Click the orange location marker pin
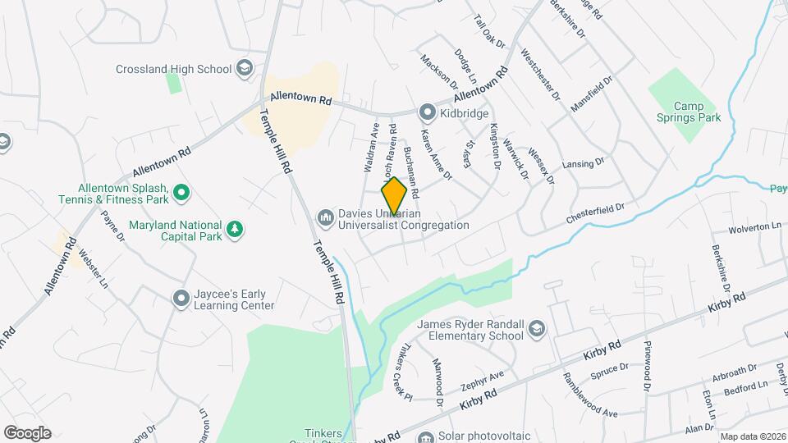coord(394,196)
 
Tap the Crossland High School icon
coord(244,69)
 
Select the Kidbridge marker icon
coord(427,112)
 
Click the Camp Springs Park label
coord(697,112)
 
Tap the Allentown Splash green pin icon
coord(181,194)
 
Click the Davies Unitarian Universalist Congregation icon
coord(325,217)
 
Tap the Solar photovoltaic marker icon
coord(424,436)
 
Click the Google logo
coord(27,433)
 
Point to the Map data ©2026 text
coord(752,436)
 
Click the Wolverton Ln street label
coord(753,226)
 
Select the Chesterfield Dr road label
coord(596,215)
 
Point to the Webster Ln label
coord(93,270)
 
